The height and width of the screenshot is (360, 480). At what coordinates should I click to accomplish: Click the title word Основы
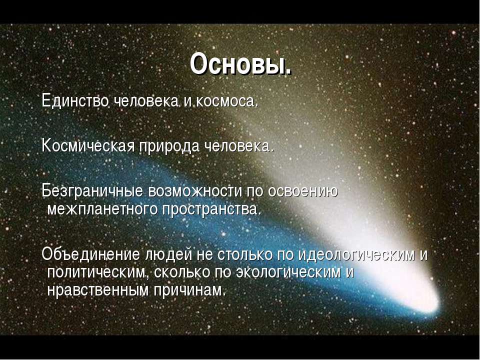tap(240, 63)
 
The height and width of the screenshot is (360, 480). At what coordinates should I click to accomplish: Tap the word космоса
tap(227, 101)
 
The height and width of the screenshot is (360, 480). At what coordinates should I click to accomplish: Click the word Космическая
tap(88, 145)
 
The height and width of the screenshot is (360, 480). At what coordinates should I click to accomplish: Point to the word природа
tap(169, 146)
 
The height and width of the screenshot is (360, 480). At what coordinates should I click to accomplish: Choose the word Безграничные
tap(92, 191)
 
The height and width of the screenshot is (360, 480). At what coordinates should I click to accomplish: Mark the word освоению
tap(302, 191)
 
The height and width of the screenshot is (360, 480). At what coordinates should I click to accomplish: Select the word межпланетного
tap(102, 209)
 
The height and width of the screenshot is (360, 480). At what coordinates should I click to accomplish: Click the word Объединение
tap(90, 254)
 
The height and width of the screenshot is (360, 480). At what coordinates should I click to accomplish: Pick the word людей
tap(168, 254)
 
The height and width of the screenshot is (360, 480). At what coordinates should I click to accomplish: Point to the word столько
tap(244, 254)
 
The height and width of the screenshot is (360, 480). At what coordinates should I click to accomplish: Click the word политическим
tap(97, 272)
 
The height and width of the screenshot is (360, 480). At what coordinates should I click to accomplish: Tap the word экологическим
tap(288, 272)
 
